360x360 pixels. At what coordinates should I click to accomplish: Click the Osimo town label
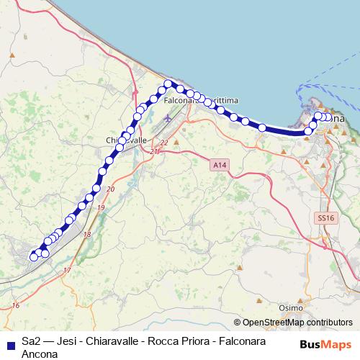[x=291, y=307]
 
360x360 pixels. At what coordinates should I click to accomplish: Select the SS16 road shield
[x=325, y=217]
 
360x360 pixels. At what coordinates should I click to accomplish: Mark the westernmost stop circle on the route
[x=32, y=256]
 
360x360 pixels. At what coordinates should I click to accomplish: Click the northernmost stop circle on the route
[x=168, y=84]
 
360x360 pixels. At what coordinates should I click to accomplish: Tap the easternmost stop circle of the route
[x=328, y=117]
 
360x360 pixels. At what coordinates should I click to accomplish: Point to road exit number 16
[x=16, y=306]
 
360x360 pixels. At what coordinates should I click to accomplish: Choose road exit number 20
[x=109, y=189]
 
